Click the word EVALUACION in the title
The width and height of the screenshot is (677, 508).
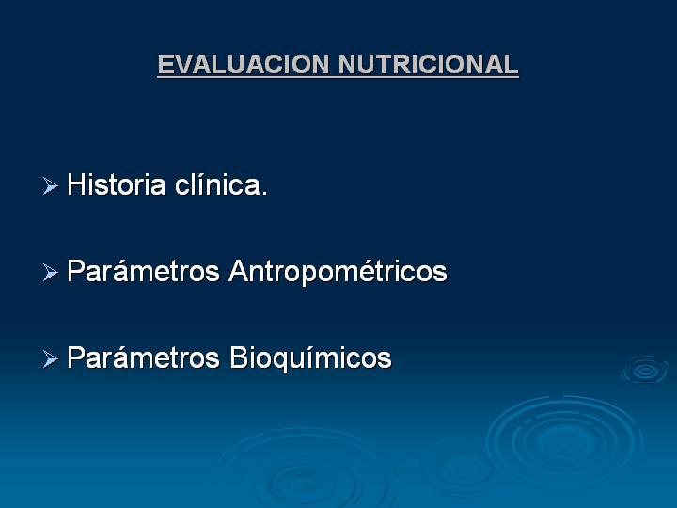coord(244,64)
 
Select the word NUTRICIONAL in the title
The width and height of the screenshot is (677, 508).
coord(429,64)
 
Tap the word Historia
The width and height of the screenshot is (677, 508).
coord(117,184)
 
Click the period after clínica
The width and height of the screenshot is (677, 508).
coord(264,193)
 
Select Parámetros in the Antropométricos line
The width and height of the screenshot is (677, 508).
coord(143,271)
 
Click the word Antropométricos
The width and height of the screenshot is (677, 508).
coord(338,272)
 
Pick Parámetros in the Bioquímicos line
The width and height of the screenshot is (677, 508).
coord(143,357)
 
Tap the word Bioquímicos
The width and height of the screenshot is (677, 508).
coord(310,358)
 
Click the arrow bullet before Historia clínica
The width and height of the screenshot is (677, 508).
coord(51,185)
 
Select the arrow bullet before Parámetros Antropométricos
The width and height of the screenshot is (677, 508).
coord(51,273)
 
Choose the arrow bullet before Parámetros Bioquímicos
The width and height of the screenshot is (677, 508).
coord(51,359)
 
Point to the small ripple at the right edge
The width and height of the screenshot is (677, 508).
coord(646,371)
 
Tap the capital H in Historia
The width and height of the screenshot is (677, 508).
coord(76,184)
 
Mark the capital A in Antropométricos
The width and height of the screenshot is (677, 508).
coord(239,271)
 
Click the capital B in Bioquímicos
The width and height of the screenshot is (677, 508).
coord(238,357)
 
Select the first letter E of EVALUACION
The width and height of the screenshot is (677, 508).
coord(166,64)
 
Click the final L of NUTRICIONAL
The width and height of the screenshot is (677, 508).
coord(511,64)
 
